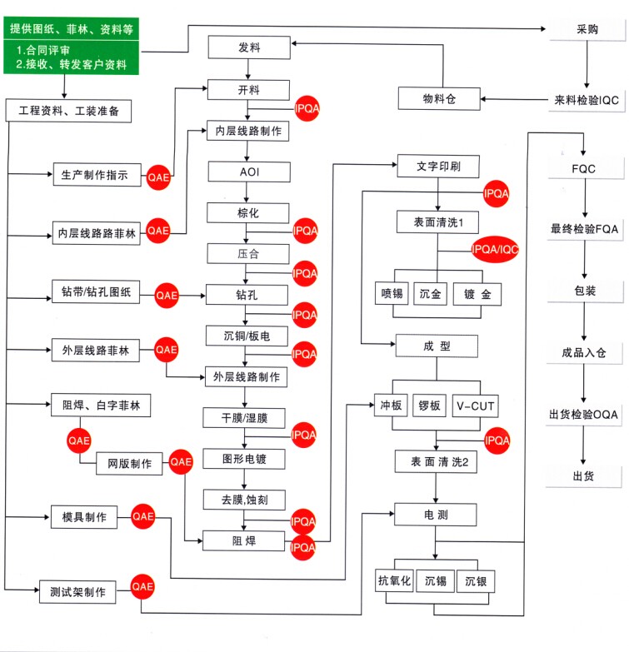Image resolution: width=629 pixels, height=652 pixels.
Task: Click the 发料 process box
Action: (x=248, y=47)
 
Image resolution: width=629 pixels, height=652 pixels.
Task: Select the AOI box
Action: (x=248, y=172)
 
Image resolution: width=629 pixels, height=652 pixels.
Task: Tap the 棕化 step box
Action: (x=248, y=213)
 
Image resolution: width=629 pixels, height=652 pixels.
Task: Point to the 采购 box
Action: (x=587, y=27)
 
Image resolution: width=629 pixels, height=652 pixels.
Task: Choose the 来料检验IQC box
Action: (x=587, y=99)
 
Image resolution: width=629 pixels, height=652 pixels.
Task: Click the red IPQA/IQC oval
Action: (x=494, y=248)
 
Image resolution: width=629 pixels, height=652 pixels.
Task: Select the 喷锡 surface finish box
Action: (x=392, y=296)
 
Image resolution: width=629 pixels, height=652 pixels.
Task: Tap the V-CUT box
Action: (x=476, y=406)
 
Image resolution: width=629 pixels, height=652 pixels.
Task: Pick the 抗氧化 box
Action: (x=395, y=580)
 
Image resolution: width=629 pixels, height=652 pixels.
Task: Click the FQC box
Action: (x=583, y=169)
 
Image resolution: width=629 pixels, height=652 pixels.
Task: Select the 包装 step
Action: (x=583, y=291)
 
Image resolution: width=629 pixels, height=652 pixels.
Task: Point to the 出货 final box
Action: (x=583, y=475)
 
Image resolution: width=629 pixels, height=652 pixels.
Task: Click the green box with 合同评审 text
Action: (x=71, y=56)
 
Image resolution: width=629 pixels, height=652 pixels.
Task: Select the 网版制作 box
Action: (x=129, y=464)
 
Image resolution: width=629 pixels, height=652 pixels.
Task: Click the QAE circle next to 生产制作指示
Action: (x=157, y=177)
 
